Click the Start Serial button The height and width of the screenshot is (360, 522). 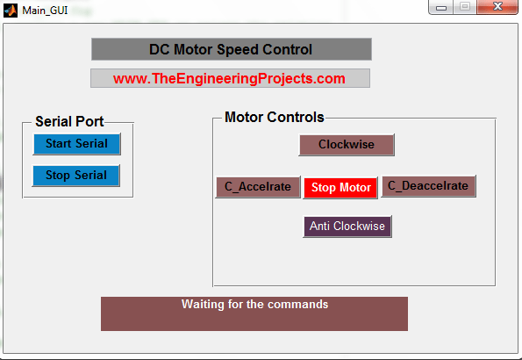point(77,144)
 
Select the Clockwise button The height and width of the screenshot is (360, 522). point(347,145)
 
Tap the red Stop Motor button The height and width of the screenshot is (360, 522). point(340,188)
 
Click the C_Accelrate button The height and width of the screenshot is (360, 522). point(258,187)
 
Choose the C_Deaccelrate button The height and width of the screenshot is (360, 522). point(428,186)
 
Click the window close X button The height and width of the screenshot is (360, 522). point(497,6)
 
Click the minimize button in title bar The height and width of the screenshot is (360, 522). point(440,7)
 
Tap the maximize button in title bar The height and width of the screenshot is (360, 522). point(465,6)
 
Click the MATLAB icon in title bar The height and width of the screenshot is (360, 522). point(11,11)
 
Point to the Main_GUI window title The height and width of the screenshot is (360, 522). point(45,11)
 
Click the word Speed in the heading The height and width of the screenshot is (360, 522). point(238,50)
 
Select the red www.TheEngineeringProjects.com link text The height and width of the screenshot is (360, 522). point(229,79)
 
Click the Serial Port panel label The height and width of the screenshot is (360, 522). point(69,121)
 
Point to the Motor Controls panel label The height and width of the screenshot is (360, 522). point(275,117)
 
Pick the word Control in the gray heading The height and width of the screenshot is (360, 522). point(287,50)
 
